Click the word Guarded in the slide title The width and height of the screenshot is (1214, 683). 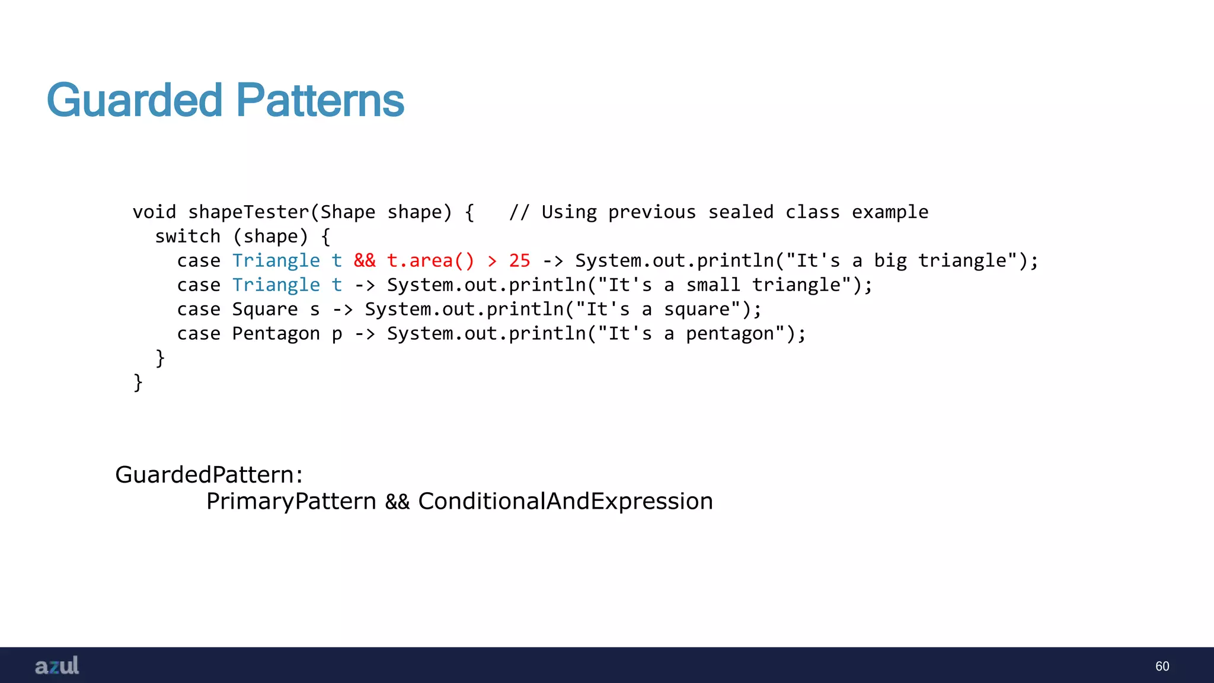coord(135,100)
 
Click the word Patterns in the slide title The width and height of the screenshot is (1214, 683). coord(320,100)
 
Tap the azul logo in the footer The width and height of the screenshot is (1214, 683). coord(57,666)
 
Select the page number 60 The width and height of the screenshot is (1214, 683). coord(1162,666)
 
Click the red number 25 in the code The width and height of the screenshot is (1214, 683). coord(519,261)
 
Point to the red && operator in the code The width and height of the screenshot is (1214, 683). coord(365,261)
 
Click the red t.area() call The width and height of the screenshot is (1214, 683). coord(430,261)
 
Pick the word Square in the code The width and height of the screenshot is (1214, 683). coord(265,309)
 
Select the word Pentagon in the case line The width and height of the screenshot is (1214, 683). coord(276,334)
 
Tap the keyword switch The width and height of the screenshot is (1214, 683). coord(187,237)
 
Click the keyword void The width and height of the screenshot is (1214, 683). coord(154,212)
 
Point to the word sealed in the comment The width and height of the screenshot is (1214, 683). coord(740,212)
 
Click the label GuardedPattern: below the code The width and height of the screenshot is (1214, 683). coord(209,474)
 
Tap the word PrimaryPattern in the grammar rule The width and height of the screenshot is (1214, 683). coord(291,502)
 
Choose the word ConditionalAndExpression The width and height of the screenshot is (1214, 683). coord(565,502)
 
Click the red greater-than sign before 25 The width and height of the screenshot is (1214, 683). coord(492,261)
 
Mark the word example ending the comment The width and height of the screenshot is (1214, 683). coord(890,212)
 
